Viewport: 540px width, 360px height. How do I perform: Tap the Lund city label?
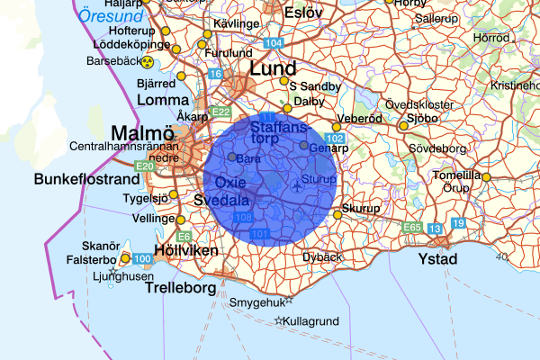pos(273,69)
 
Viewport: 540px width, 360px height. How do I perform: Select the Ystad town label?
pos(438,259)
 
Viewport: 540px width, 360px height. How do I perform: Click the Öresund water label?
pos(111,15)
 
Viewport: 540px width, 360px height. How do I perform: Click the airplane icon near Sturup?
pos(297,186)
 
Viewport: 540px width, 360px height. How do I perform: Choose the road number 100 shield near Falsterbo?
pos(141,259)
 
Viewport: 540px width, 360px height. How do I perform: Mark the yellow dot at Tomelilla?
pos(487,177)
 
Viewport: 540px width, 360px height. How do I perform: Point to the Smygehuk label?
pos(256,302)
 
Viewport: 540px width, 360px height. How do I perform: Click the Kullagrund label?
pos(311,320)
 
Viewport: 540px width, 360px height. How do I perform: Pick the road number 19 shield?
pos(458,222)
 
